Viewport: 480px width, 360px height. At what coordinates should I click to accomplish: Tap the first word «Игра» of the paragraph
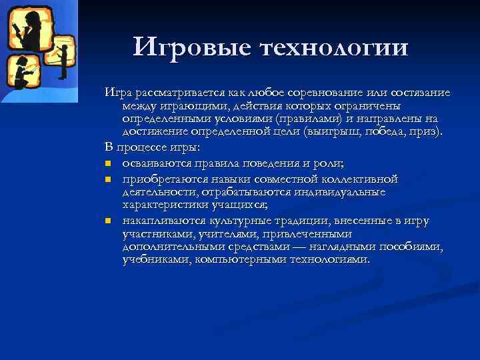[117, 93]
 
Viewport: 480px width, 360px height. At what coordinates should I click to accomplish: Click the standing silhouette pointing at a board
[64, 56]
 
